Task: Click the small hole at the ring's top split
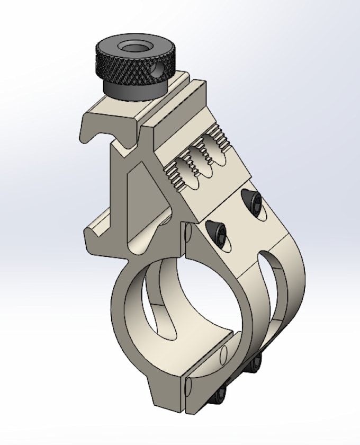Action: (190, 232)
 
